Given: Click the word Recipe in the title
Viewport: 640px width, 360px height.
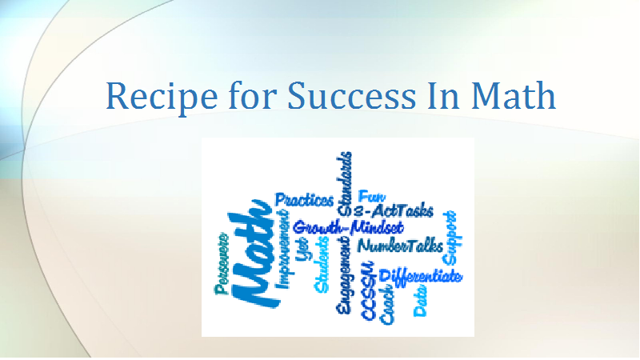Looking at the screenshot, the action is pos(162,97).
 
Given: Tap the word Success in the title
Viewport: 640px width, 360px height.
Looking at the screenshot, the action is pos(351,95).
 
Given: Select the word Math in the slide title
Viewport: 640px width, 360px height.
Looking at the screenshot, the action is pos(513,95).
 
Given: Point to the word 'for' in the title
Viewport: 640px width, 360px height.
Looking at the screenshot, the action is pos(252,95).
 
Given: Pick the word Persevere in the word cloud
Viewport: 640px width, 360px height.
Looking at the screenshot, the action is pos(222,263).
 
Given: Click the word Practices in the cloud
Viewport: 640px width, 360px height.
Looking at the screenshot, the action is pos(304,200).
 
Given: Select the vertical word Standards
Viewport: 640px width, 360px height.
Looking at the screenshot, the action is pos(345,184).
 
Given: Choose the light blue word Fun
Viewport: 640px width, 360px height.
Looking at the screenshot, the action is pos(371,196).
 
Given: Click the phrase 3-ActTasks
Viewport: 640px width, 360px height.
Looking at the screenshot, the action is pos(393,210).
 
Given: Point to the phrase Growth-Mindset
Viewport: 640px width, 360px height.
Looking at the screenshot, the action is pos(348,227).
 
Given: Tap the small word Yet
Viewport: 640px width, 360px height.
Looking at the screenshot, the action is pos(302,249).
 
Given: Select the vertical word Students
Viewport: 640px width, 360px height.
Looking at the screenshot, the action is pos(322,265).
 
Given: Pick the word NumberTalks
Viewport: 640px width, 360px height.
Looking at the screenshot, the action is pos(400,246).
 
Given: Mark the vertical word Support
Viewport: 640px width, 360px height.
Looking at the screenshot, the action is pos(450,238).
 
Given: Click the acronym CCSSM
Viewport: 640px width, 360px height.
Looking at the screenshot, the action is pos(368,290).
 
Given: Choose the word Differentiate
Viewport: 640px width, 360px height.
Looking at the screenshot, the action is pos(421,276).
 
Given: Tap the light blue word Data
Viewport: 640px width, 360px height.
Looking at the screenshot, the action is pos(421,301).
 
